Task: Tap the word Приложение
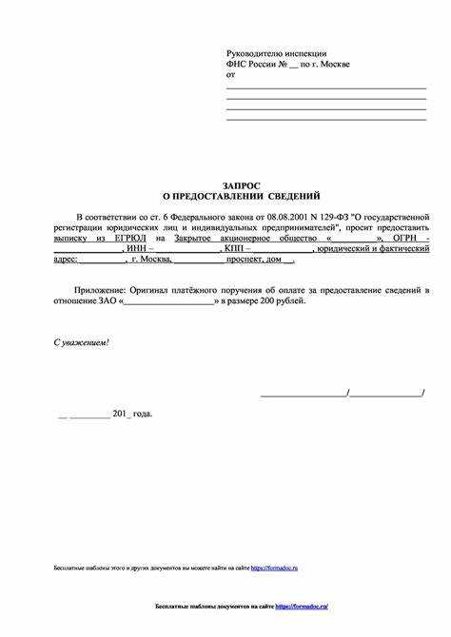(102, 288)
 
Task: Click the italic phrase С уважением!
(81, 341)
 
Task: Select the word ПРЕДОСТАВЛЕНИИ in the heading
(220, 196)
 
